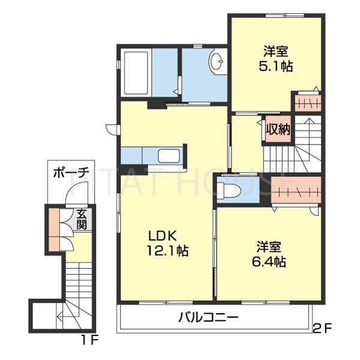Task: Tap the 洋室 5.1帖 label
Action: tap(275, 59)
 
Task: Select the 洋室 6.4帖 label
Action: tap(271, 254)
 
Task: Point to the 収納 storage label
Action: tap(278, 128)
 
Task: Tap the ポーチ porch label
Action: tap(70, 172)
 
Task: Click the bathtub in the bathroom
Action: tap(136, 73)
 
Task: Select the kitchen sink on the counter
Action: tap(169, 157)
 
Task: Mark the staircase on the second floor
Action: tap(294, 150)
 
